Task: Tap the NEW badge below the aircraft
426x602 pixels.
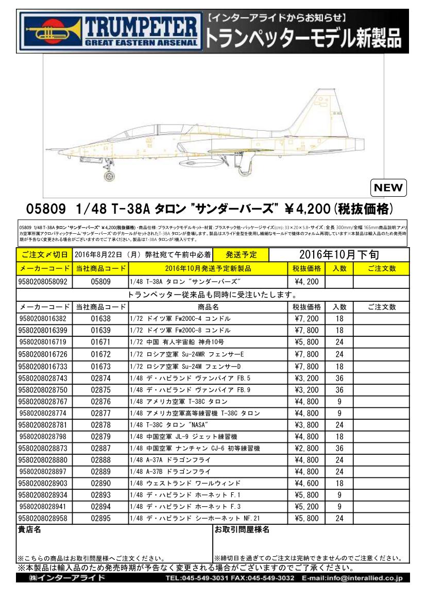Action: tap(387, 188)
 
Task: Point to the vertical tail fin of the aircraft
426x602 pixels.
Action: tap(314, 111)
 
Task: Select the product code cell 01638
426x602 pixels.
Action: tap(100, 319)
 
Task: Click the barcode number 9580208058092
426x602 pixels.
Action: tap(44, 282)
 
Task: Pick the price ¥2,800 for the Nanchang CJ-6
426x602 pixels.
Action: tap(306, 448)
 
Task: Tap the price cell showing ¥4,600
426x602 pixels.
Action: tap(306, 484)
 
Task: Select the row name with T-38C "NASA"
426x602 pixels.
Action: tap(171, 425)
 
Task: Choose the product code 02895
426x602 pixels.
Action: tap(100, 519)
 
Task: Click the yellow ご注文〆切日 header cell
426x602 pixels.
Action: tap(44, 255)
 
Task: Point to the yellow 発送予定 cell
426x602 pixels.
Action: tap(241, 255)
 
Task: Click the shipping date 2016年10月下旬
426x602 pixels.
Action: tap(338, 254)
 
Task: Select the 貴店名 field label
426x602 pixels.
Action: tap(29, 529)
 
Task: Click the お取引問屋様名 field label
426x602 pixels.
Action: tap(242, 529)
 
